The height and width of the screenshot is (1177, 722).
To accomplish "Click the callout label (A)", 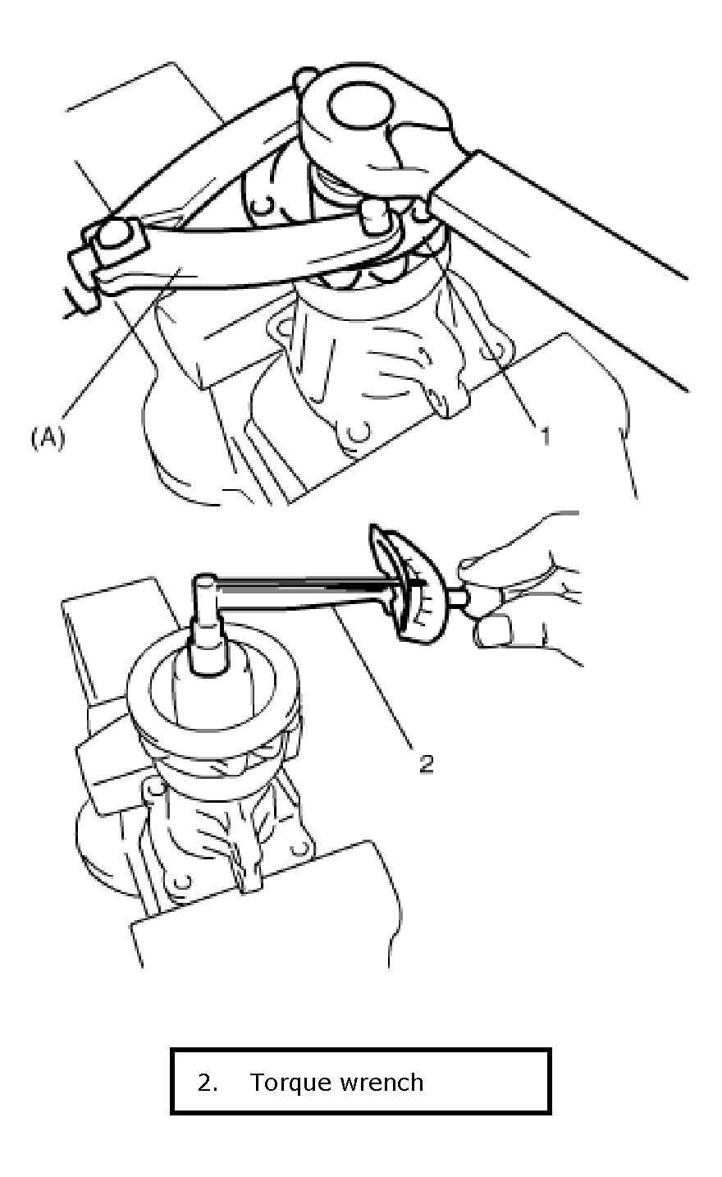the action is coord(48,437).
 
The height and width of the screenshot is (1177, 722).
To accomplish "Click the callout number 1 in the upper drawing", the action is coord(545,436).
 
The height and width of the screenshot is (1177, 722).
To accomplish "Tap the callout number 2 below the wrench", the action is coord(427,763).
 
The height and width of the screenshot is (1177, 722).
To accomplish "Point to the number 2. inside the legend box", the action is coord(208,1083).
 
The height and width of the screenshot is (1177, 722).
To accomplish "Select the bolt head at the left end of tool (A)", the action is coord(116,234).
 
